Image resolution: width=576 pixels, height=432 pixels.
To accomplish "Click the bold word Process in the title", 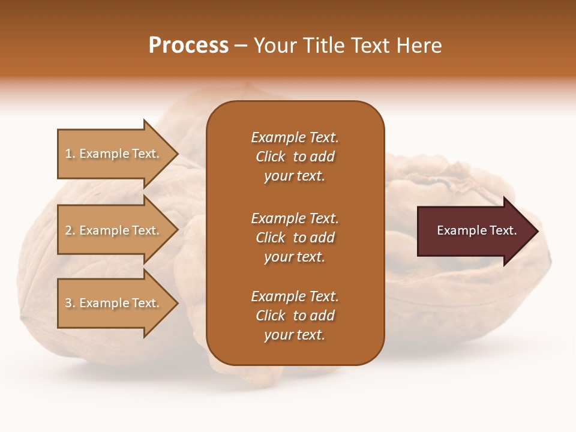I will (x=188, y=46).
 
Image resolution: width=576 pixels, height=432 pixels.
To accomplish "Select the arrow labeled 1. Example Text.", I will (x=114, y=154).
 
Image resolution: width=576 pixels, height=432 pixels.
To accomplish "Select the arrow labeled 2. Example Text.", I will (x=114, y=230).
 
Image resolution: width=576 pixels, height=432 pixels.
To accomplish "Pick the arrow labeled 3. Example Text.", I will (x=114, y=303).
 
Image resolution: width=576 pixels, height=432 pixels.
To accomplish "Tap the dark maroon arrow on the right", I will (x=474, y=231).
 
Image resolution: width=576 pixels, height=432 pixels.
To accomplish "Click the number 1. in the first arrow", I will (x=70, y=154).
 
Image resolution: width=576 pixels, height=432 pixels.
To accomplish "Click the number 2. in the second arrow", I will (x=70, y=230).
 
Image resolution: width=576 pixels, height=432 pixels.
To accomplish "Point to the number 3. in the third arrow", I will (x=70, y=303).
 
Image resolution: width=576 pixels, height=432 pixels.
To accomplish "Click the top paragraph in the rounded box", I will (x=295, y=157).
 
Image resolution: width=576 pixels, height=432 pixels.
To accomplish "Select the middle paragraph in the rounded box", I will (x=295, y=238).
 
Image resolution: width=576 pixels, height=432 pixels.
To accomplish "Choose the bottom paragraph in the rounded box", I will (x=295, y=316).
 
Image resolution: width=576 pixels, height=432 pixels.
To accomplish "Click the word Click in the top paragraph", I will (x=271, y=157).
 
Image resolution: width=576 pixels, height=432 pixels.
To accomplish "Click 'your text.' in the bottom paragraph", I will (x=295, y=335).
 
